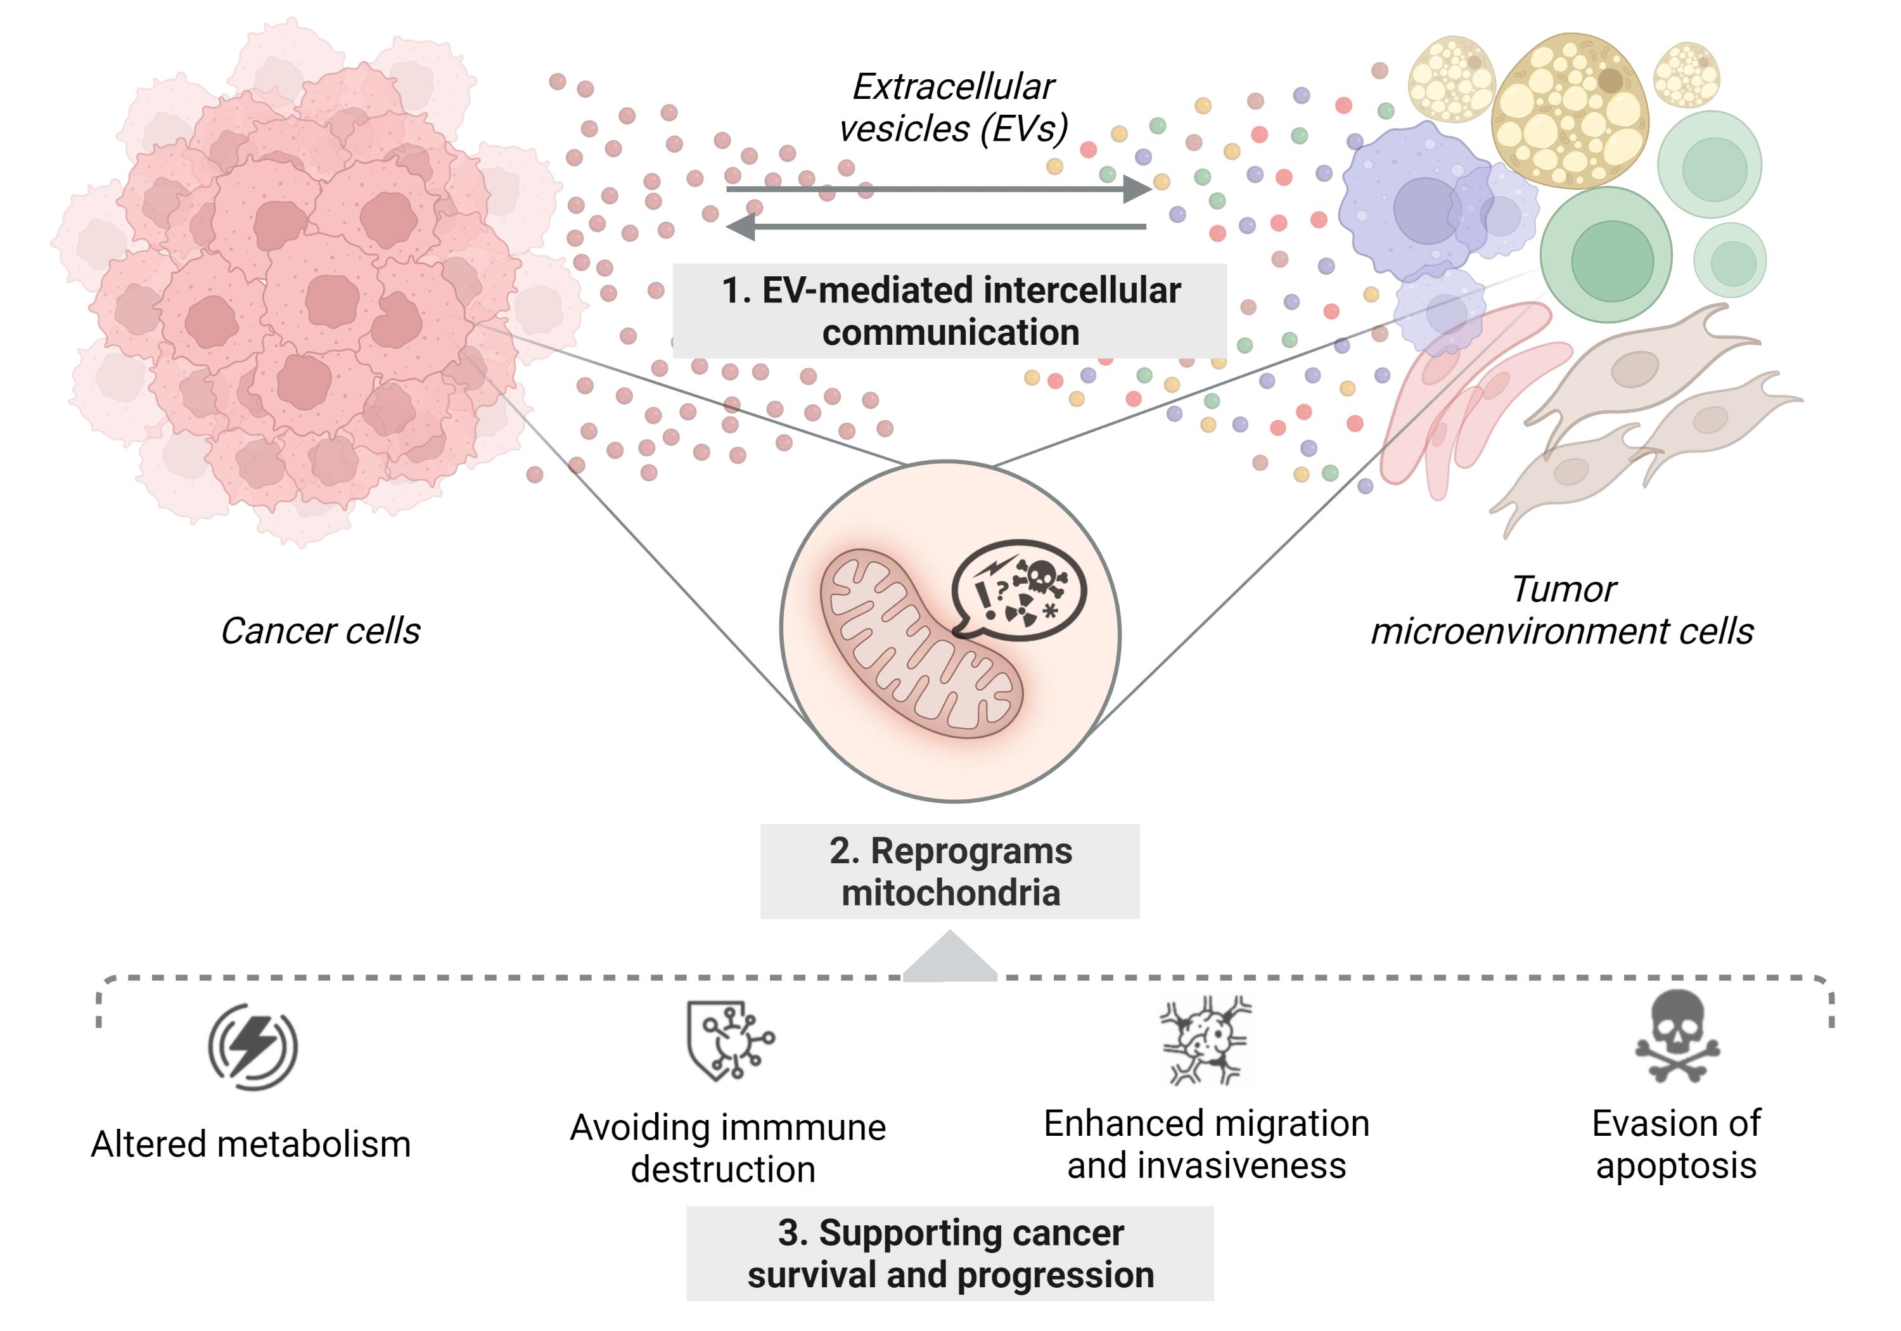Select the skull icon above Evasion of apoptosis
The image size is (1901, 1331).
click(1677, 1035)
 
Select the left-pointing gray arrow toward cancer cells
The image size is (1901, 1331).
click(935, 226)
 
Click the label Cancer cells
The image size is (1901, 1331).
click(321, 631)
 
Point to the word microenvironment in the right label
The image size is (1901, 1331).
click(1520, 632)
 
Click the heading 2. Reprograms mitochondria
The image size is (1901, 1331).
click(950, 871)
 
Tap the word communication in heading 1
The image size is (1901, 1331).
click(951, 333)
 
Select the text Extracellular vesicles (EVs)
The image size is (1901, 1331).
click(953, 108)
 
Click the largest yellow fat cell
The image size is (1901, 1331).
click(1569, 110)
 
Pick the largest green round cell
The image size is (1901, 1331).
click(1606, 254)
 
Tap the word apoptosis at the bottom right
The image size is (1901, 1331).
click(1676, 1166)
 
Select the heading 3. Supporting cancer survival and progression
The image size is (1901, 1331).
click(950, 1253)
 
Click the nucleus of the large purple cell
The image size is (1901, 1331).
click(1426, 210)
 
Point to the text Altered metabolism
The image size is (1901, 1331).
click(251, 1145)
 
